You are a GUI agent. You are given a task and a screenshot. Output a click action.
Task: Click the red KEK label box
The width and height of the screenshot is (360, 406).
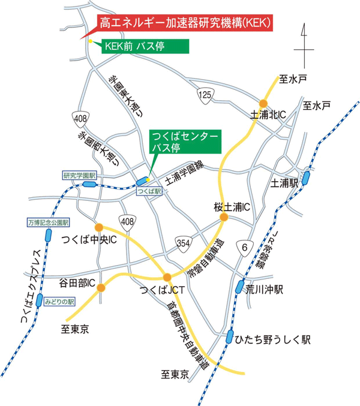(184, 23)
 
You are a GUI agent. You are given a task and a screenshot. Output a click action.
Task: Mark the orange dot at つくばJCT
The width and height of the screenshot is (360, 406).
(167, 277)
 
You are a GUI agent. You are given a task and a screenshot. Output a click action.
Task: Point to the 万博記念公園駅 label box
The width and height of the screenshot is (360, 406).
(49, 222)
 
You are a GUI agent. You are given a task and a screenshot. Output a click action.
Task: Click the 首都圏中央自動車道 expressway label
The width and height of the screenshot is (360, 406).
(187, 339)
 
